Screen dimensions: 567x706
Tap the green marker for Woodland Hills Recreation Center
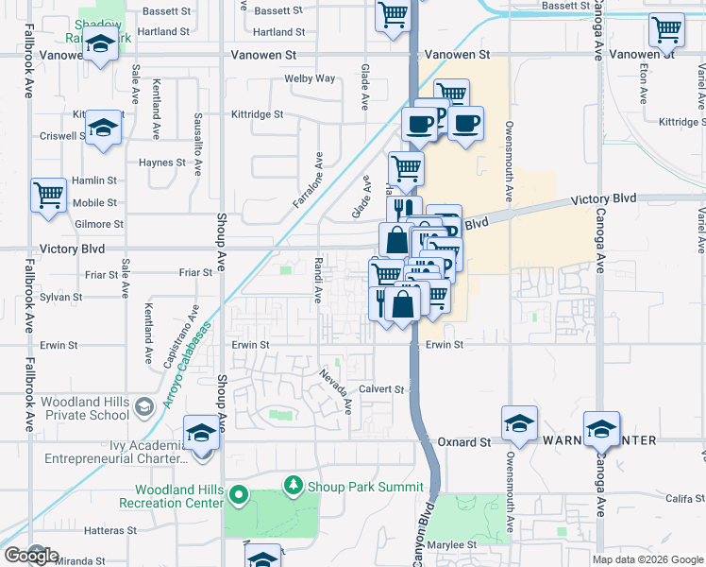pos(239,494)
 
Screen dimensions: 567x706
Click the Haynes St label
pos(162,163)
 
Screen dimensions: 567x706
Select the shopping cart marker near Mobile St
pos(49,196)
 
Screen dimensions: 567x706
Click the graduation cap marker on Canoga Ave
pos(601,429)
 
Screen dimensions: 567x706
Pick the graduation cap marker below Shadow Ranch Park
pos(100,44)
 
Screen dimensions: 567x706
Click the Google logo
pos(30,556)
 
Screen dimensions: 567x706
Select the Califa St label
pos(678,498)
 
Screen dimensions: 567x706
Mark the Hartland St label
pos(162,31)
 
